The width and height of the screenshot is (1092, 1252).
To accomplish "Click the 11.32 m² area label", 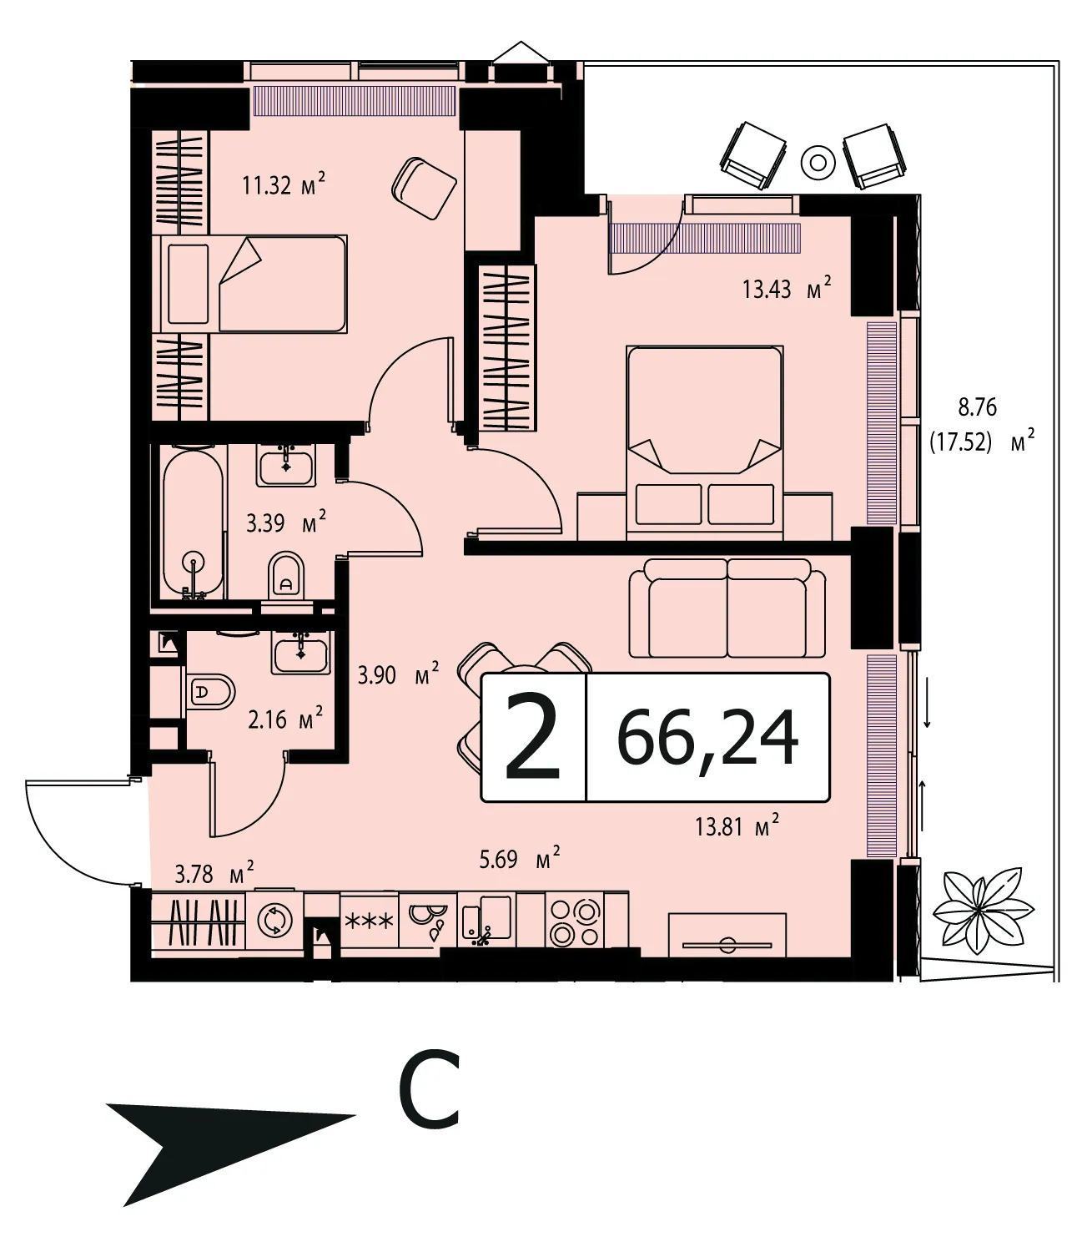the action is [x=283, y=184].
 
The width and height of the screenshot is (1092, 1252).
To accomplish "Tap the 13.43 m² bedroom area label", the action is [x=787, y=288].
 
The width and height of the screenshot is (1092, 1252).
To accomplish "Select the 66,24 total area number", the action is [x=708, y=737].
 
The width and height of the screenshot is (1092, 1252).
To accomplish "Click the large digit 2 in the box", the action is [x=532, y=738].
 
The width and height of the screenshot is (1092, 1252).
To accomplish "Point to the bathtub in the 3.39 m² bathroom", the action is [x=194, y=524].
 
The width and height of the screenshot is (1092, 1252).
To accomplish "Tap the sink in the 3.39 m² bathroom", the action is [x=285, y=466].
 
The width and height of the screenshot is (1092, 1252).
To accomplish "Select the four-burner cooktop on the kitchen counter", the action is [x=574, y=923].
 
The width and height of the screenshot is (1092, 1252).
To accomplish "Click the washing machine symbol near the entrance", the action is [x=275, y=920].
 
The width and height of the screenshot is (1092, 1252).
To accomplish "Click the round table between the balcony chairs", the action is [x=818, y=163].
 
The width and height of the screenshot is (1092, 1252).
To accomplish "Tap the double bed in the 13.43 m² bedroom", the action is [x=705, y=442].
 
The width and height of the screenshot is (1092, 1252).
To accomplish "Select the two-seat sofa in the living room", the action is [x=727, y=608].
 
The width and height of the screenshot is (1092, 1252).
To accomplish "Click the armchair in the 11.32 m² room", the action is [x=425, y=188].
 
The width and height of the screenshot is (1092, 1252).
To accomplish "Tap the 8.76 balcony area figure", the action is [x=977, y=407].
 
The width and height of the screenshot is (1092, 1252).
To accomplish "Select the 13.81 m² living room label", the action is [x=737, y=827].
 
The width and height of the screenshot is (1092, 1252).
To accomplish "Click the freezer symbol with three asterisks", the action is [x=369, y=921].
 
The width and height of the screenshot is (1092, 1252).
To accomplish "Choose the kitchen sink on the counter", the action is [x=486, y=921].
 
